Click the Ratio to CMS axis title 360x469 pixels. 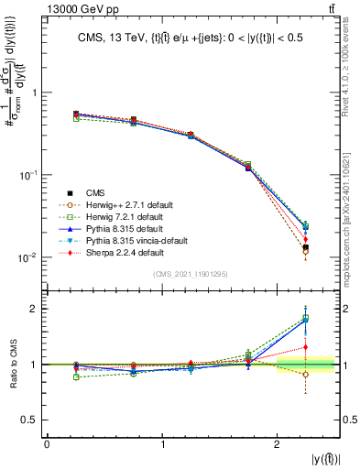tap(12, 364)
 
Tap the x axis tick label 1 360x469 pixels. tap(162, 444)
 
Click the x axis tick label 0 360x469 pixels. tap(47, 444)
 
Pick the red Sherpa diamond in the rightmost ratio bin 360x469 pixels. tap(306, 347)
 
